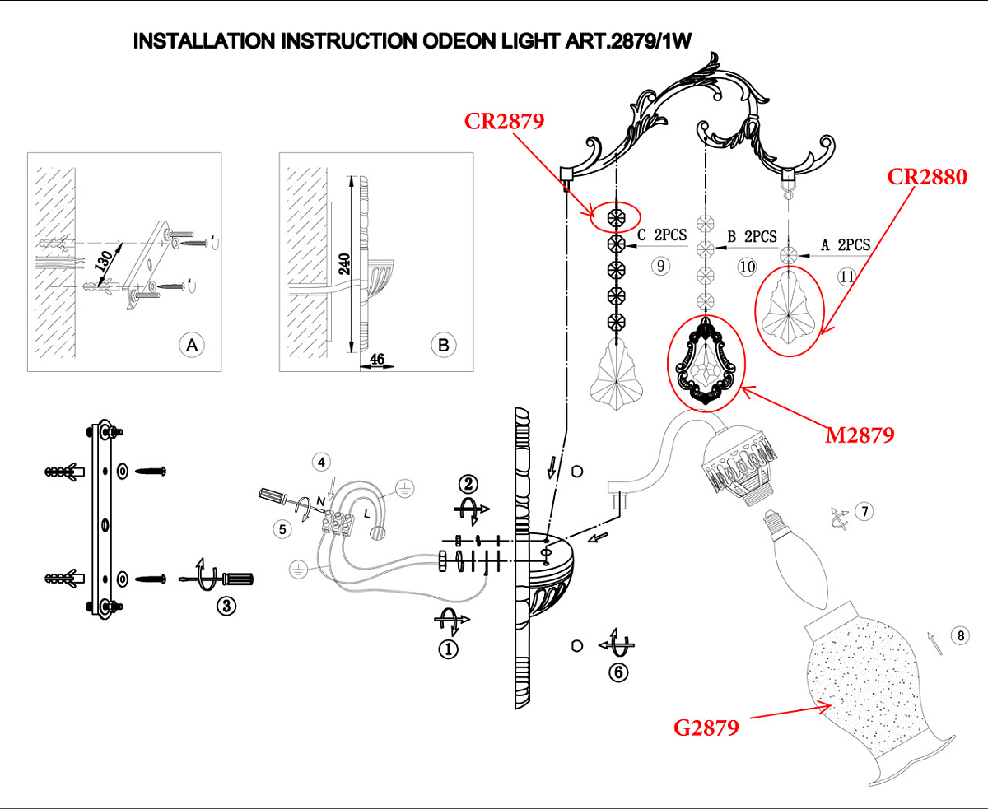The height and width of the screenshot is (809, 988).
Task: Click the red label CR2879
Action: (504, 122)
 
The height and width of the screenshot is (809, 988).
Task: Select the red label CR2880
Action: (926, 176)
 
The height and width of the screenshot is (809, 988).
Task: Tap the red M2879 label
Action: (860, 435)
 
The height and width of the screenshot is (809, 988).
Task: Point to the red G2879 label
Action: (706, 728)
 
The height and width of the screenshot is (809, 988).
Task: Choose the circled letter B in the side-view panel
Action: (443, 346)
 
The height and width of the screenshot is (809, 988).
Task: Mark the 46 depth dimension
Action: (378, 360)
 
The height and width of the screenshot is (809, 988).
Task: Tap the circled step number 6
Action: (617, 672)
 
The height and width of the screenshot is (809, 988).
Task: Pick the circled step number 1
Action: (448, 649)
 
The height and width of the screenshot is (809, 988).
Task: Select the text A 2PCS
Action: (846, 245)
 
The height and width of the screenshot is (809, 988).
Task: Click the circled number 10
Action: (747, 266)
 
